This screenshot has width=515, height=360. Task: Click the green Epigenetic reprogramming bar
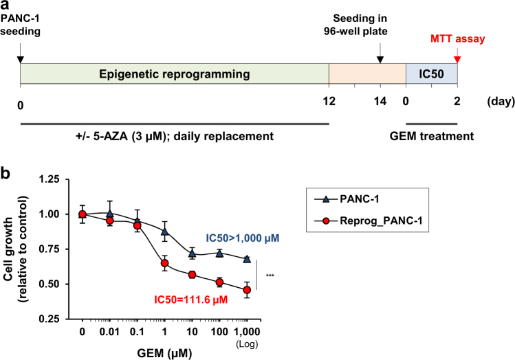coord(175,74)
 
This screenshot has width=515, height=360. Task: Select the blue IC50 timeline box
coord(431,74)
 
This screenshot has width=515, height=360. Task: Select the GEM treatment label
coord(438,136)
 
